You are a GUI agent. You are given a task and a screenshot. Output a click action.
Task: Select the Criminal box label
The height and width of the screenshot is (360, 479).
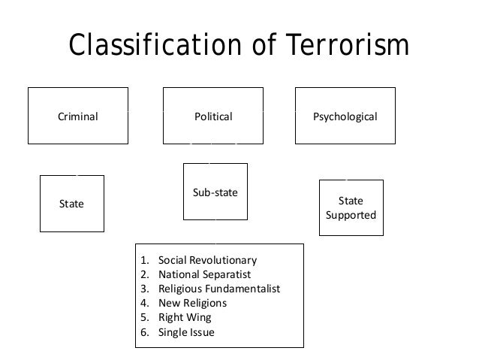point(78,117)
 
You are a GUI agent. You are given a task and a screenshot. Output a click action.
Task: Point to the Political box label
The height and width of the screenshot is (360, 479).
point(214,117)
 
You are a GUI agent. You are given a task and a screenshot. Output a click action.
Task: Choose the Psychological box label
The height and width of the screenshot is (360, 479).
point(345,117)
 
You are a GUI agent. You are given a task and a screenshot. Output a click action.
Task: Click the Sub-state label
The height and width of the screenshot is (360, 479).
point(215,193)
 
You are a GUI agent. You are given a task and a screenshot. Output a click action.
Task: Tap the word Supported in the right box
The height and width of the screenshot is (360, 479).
point(351,216)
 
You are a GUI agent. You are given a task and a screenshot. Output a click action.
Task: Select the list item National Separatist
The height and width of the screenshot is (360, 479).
point(204,275)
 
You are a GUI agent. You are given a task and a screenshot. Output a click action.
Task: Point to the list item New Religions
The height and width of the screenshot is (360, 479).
point(192,304)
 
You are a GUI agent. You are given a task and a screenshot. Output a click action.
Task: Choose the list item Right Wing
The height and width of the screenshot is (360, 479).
point(185,318)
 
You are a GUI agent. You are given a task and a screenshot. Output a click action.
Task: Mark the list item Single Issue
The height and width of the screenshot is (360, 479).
point(186,332)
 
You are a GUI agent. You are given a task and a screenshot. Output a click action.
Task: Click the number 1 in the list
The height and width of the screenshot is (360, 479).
point(143,261)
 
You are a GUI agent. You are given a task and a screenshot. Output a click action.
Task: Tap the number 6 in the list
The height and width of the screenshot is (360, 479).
point(143,332)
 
